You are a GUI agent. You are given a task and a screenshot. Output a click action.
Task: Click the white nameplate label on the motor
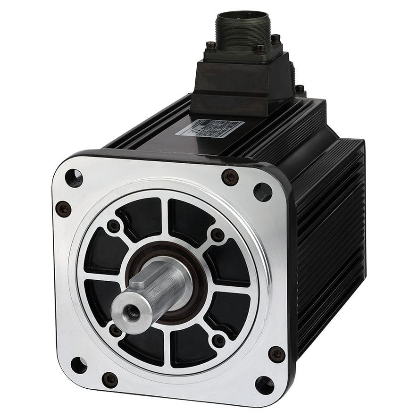[x=209, y=127]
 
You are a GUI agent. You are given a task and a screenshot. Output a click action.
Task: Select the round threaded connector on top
[x=242, y=28]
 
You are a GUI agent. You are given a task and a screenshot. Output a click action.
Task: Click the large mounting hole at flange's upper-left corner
[x=74, y=178]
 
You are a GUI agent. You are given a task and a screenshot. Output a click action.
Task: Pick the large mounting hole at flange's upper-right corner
[x=262, y=192]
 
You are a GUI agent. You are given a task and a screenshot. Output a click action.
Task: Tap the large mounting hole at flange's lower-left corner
[x=78, y=365]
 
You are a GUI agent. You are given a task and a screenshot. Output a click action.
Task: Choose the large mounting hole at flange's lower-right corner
[x=264, y=385]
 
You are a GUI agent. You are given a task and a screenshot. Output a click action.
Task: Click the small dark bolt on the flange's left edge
[x=63, y=209]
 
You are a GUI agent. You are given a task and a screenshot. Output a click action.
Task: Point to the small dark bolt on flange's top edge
[x=230, y=177]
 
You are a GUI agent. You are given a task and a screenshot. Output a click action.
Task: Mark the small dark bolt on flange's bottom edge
[x=110, y=379]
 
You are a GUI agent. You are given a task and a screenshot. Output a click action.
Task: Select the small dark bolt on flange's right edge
[x=276, y=354]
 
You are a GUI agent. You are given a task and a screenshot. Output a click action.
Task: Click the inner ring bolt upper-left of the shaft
[x=113, y=226]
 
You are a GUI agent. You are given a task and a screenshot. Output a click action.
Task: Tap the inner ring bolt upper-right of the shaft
[x=217, y=234]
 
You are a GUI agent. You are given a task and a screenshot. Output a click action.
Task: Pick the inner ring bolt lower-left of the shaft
[x=115, y=330]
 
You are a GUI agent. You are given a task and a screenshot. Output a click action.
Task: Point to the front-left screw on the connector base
[x=211, y=46]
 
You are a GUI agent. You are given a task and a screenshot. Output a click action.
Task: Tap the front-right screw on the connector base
[x=260, y=48]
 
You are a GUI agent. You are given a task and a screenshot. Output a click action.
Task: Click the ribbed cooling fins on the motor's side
[x=330, y=236]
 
